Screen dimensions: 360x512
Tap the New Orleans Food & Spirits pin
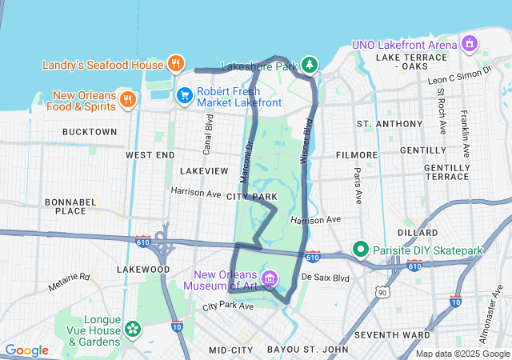[127, 99]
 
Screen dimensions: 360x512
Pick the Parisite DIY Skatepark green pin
[361, 250]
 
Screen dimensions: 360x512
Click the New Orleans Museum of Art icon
[270, 279]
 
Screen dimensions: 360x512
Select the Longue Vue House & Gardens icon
[132, 328]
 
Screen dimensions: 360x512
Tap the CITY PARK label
[252, 196]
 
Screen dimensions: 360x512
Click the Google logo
[26, 350]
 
